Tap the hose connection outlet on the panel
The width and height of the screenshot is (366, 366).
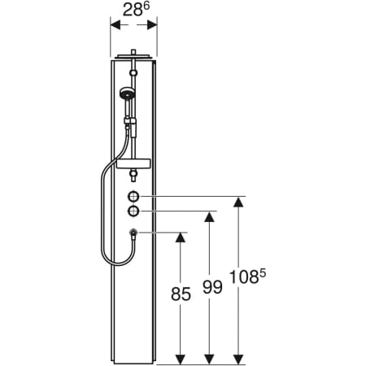click(133, 233)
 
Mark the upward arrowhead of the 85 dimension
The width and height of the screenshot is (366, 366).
click(181, 237)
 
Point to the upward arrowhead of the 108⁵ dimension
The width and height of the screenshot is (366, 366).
click(238, 201)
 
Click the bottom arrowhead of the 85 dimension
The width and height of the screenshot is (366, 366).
click(181, 357)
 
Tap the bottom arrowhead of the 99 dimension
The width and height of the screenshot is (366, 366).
click(210, 357)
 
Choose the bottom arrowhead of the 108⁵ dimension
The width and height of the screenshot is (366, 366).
click(238, 357)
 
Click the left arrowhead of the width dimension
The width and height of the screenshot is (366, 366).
click(114, 24)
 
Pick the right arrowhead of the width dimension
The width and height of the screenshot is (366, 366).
click(154, 24)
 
